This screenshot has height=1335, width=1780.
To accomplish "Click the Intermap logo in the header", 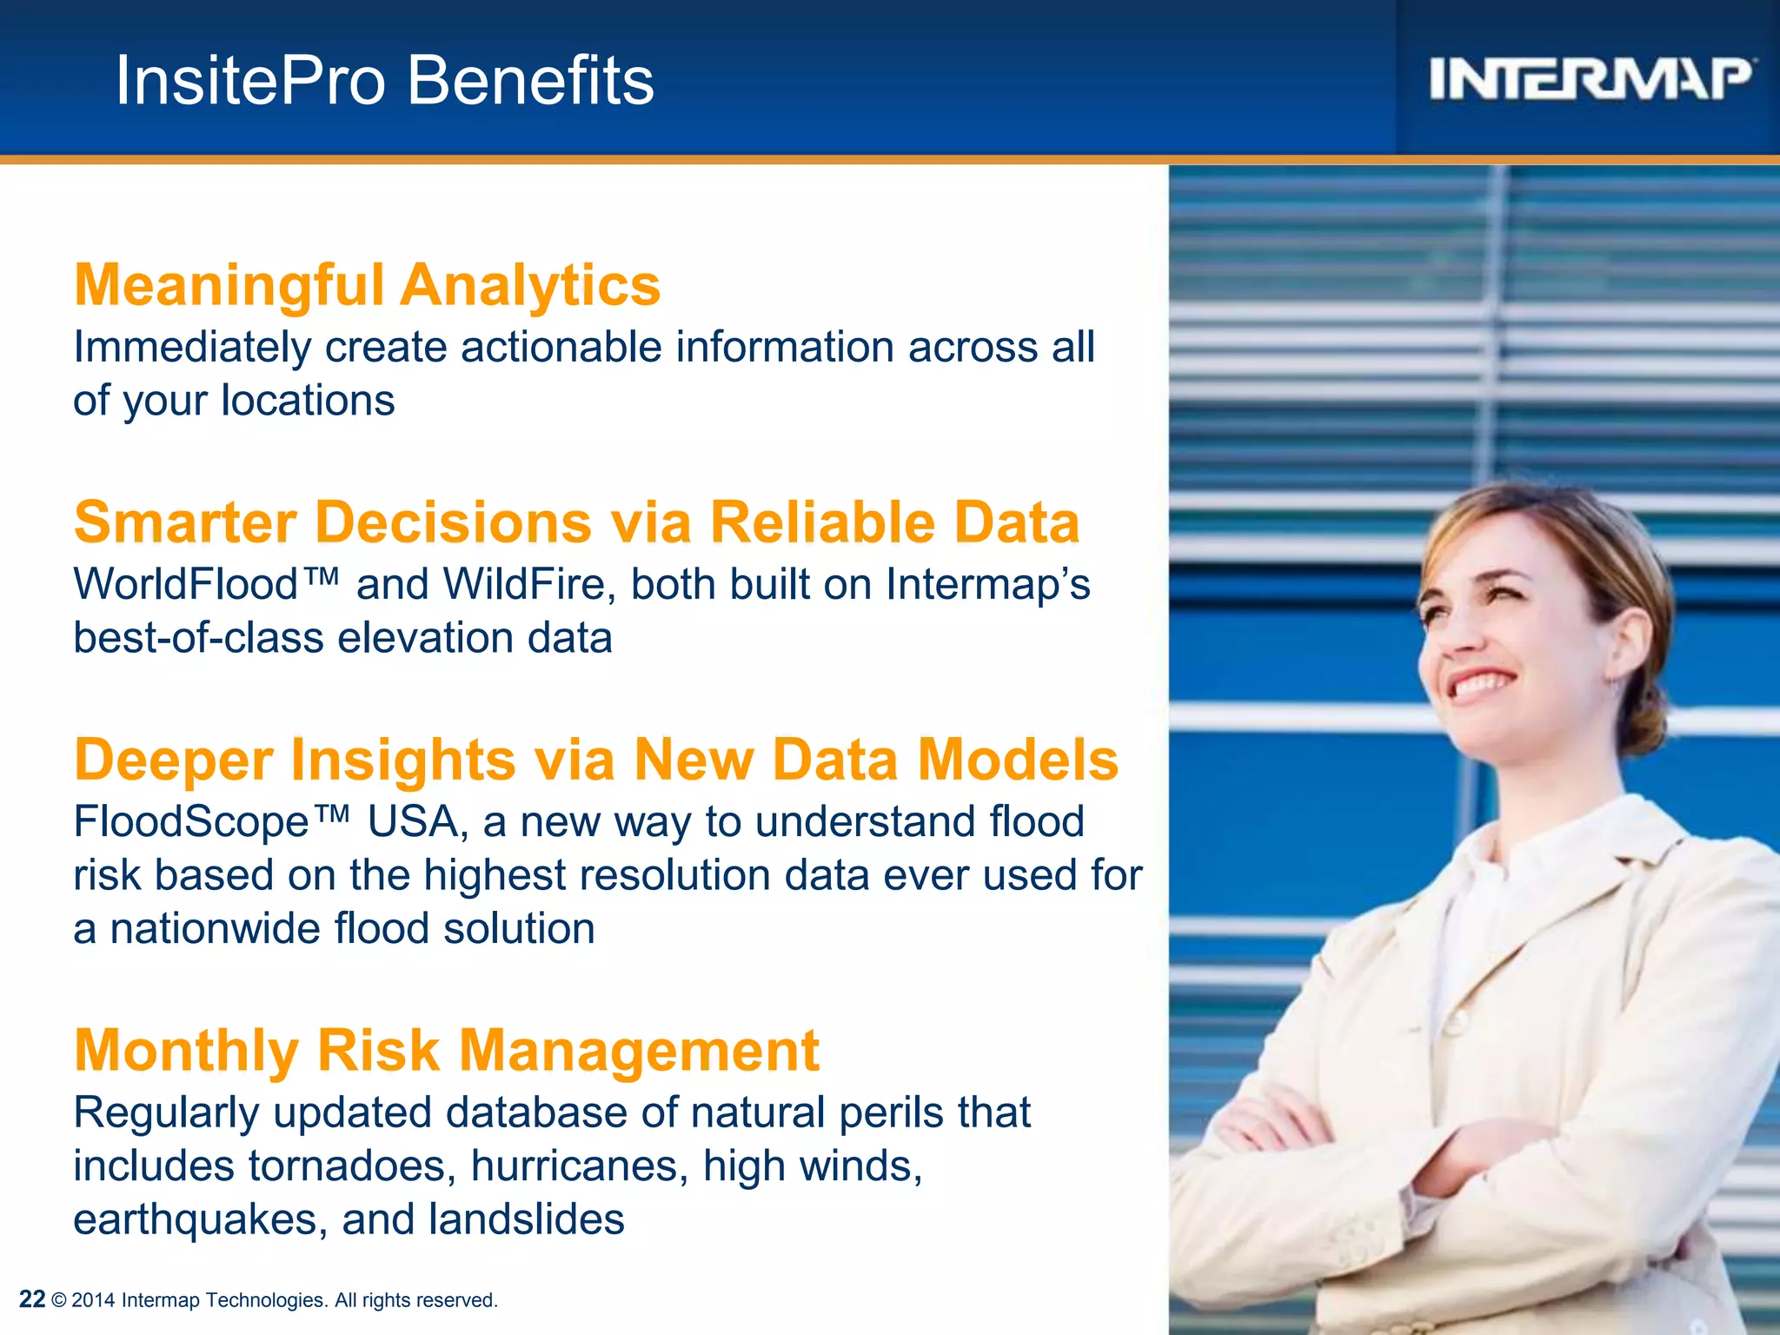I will click(1591, 79).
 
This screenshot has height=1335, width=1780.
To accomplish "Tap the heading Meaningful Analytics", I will click(367, 285).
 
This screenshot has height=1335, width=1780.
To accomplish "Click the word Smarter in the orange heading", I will click(185, 522).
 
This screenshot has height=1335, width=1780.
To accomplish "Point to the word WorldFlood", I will click(186, 584).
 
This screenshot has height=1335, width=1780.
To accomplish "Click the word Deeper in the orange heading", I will click(174, 760).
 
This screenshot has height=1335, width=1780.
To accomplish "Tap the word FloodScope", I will click(191, 822).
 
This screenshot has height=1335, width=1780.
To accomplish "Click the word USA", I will click(413, 822).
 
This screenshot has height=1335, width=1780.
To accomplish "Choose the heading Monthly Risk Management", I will click(447, 1050).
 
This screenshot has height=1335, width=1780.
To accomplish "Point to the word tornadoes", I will click(351, 1166).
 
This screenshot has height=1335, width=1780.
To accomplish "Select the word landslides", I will click(526, 1219).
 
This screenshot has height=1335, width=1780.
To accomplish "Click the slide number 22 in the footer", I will click(32, 1299).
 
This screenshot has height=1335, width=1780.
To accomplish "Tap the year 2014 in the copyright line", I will click(94, 1300).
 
